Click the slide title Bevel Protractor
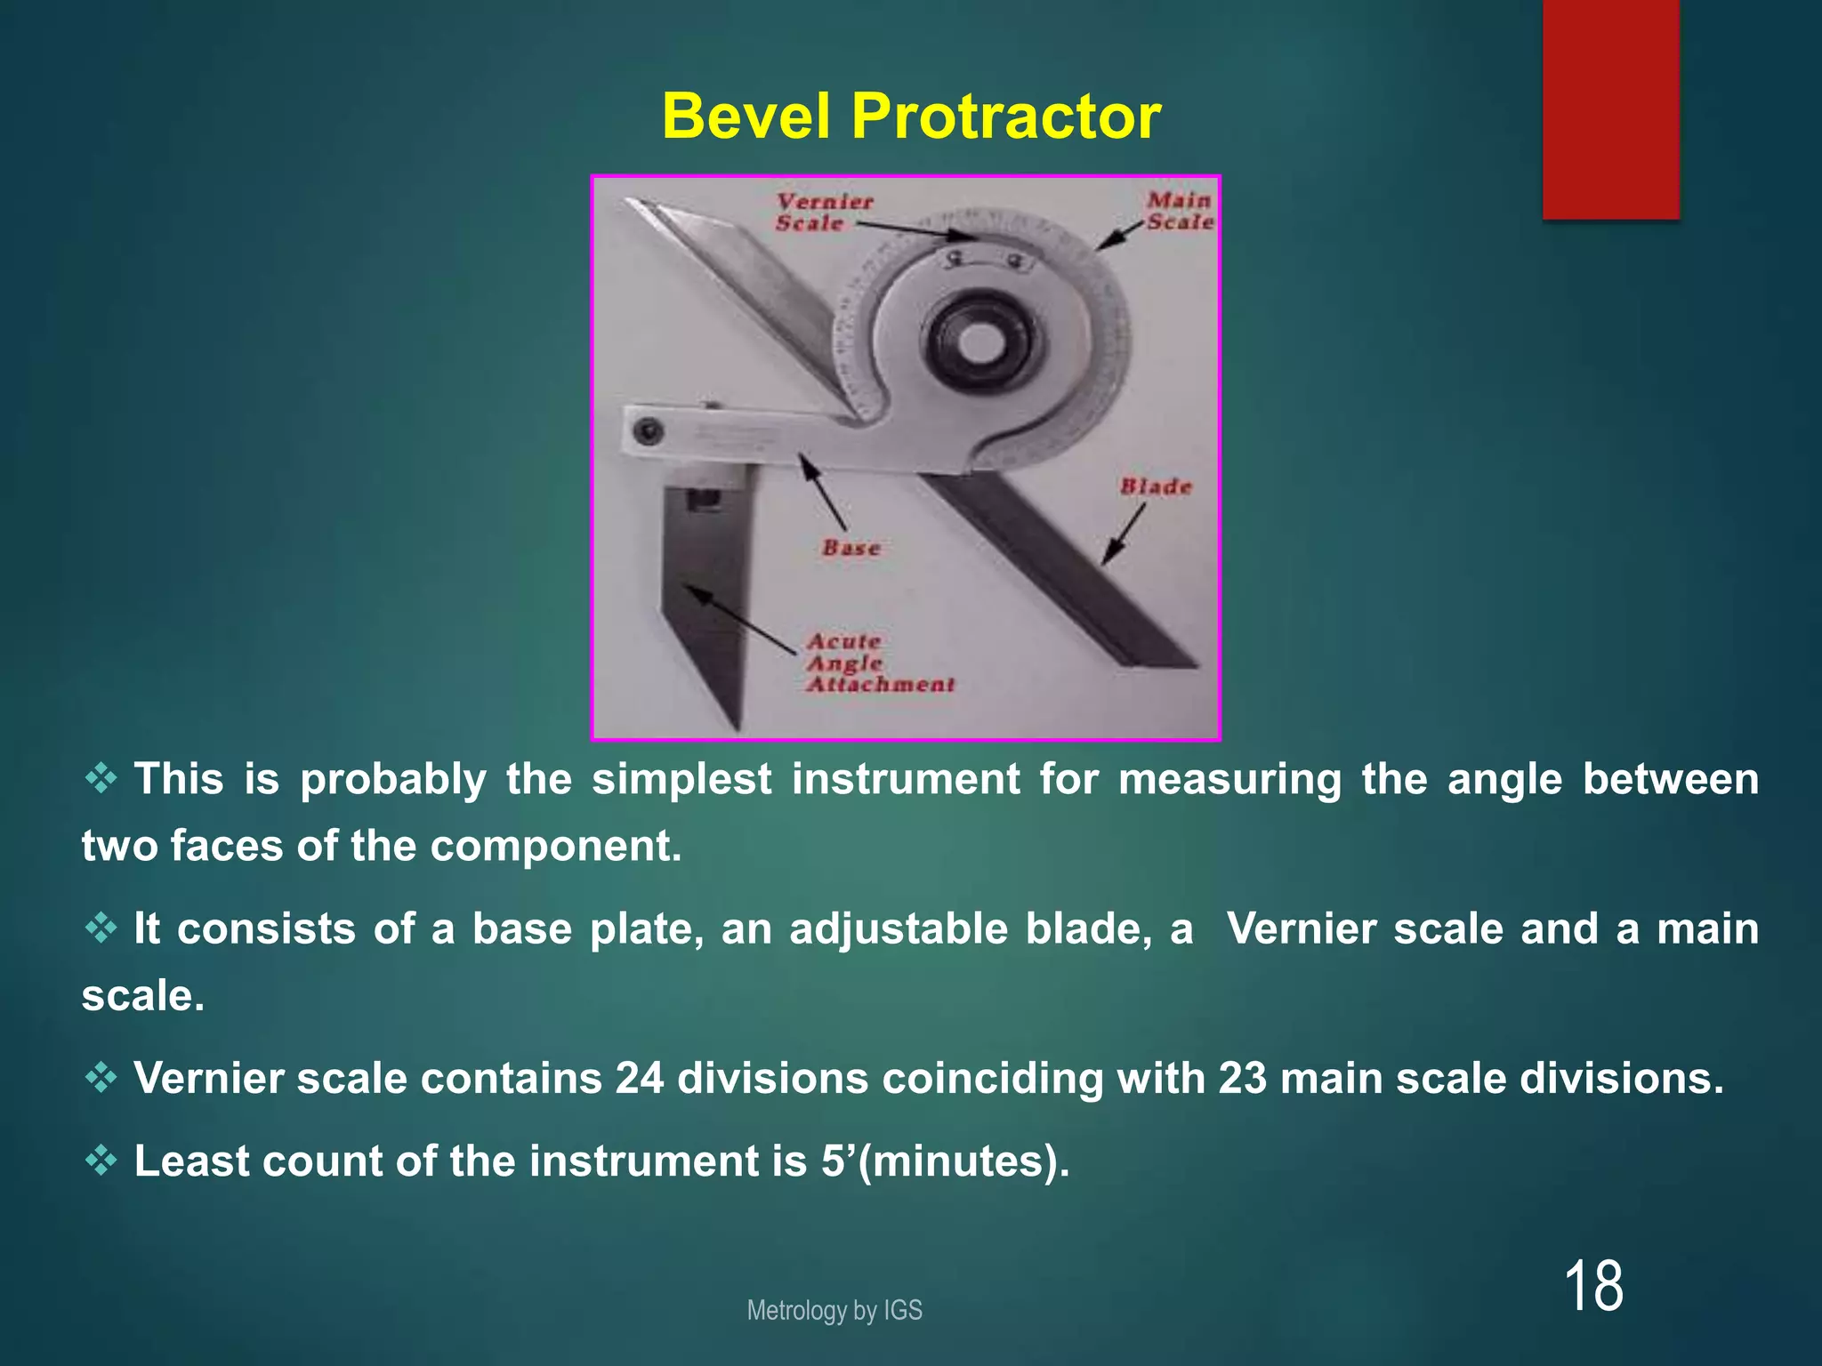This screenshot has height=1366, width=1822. click(911, 117)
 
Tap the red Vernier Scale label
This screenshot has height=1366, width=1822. click(823, 213)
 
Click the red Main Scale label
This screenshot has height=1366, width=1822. click(1180, 212)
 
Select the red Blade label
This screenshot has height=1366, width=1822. click(1156, 486)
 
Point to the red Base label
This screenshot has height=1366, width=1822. click(851, 548)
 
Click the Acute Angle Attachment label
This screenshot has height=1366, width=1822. click(879, 663)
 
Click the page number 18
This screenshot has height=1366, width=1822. click(1592, 1286)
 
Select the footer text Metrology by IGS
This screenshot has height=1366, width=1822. click(834, 1310)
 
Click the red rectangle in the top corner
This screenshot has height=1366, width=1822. click(1611, 108)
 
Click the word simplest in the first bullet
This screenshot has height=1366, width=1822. click(681, 780)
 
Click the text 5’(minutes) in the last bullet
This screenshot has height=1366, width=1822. click(945, 1161)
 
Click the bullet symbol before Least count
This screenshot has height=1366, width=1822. click(101, 1161)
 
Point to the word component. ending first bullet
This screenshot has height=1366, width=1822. click(556, 846)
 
